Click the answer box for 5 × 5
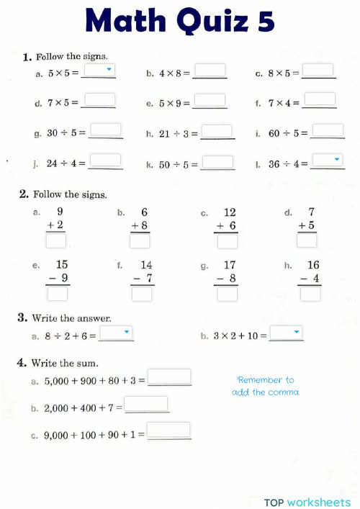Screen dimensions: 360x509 pos(99,71)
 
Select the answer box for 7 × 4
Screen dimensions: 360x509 pos(319,99)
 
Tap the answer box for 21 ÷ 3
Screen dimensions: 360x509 pos(217,131)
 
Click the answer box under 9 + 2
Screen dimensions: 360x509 pos(56,242)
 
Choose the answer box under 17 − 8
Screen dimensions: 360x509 pos(228,294)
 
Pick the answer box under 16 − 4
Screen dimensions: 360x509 pos(310,294)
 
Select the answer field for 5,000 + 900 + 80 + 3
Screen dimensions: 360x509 pos(169,377)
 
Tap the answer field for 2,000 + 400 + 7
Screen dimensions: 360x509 pos(146,404)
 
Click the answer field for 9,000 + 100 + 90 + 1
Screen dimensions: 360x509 pos(169,431)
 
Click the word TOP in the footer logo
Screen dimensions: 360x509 pos(274,502)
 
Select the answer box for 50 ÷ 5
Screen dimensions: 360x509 pos(217,162)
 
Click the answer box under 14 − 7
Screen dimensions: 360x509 pos(142,294)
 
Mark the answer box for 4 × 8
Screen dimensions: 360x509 pos(210,71)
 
